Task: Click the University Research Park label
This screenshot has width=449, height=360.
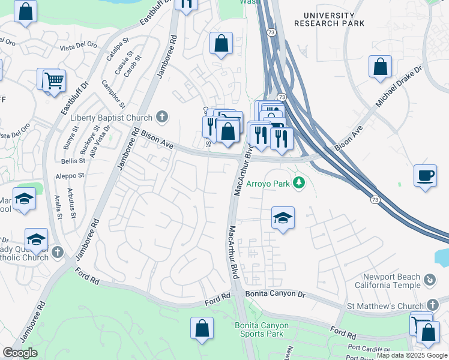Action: pos(330,19)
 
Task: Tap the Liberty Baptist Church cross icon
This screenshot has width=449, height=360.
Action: pos(161,116)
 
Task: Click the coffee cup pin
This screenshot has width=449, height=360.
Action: pos(426,176)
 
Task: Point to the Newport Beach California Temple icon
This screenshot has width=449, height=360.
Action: pos(429,280)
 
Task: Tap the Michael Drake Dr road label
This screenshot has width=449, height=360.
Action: pos(399,87)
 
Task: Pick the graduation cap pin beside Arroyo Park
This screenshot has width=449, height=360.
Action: pos(283,218)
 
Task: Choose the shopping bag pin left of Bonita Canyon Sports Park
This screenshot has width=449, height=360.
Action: pos(202,328)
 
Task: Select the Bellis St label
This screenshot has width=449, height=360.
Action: pos(73,161)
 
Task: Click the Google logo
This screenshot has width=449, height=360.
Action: pos(20,353)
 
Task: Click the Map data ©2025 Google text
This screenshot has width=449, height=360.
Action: pos(411,355)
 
